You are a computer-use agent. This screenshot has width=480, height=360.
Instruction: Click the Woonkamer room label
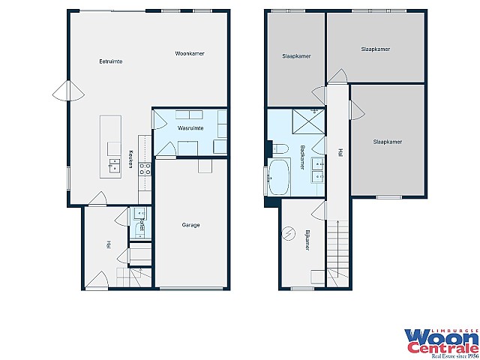click(190, 53)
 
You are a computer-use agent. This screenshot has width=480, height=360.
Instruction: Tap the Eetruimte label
click(111, 61)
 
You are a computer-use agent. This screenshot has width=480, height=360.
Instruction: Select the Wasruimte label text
click(190, 128)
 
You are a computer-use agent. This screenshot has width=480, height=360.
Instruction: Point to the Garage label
click(190, 225)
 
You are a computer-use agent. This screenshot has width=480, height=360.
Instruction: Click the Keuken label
click(130, 159)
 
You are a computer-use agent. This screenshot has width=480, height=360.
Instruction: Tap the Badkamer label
click(302, 157)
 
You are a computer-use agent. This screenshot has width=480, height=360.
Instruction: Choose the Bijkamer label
click(307, 240)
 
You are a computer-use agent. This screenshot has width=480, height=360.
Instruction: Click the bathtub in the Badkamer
click(278, 177)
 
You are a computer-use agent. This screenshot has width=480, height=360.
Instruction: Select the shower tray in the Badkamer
click(308, 121)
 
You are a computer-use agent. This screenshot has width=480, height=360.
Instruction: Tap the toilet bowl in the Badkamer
click(280, 148)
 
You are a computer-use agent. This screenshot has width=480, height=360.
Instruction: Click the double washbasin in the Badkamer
click(317, 170)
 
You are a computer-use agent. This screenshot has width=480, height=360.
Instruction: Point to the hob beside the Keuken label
click(145, 169)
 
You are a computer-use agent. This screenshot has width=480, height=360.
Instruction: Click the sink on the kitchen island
click(115, 166)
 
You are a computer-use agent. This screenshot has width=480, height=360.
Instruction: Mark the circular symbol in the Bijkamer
click(288, 233)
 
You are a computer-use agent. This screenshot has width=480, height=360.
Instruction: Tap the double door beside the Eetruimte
click(68, 91)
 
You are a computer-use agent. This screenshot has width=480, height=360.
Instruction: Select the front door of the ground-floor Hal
click(97, 280)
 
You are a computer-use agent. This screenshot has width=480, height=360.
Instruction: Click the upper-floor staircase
click(337, 253)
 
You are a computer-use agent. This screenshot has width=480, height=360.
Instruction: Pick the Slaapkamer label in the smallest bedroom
click(296, 56)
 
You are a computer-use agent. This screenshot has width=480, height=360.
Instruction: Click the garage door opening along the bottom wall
click(191, 288)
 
